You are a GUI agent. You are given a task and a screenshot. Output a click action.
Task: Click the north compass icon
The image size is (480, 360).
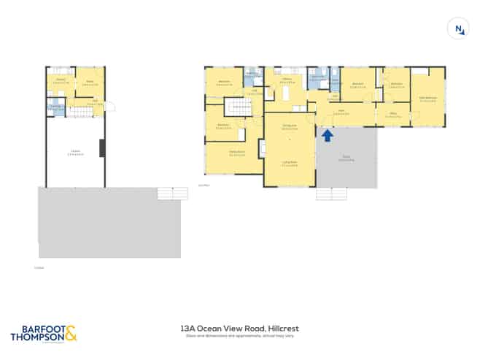point(458,28)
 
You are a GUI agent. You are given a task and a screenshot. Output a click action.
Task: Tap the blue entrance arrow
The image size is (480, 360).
point(328,134)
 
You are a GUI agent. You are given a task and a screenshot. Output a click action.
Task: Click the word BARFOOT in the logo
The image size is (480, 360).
point(37,329)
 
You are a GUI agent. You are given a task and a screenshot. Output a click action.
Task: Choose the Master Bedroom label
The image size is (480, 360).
point(427,99)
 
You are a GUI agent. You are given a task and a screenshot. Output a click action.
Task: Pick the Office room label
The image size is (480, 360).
point(392,114)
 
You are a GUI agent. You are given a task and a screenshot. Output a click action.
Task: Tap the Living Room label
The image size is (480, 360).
point(289,164)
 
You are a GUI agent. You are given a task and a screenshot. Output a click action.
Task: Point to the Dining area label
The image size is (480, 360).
point(289,127)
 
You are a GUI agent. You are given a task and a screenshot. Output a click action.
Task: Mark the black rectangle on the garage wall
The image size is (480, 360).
point(103,148)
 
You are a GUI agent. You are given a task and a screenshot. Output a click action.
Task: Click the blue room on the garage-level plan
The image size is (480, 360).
point(55,108)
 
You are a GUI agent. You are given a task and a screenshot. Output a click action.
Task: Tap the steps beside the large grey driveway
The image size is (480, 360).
point(168,194)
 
